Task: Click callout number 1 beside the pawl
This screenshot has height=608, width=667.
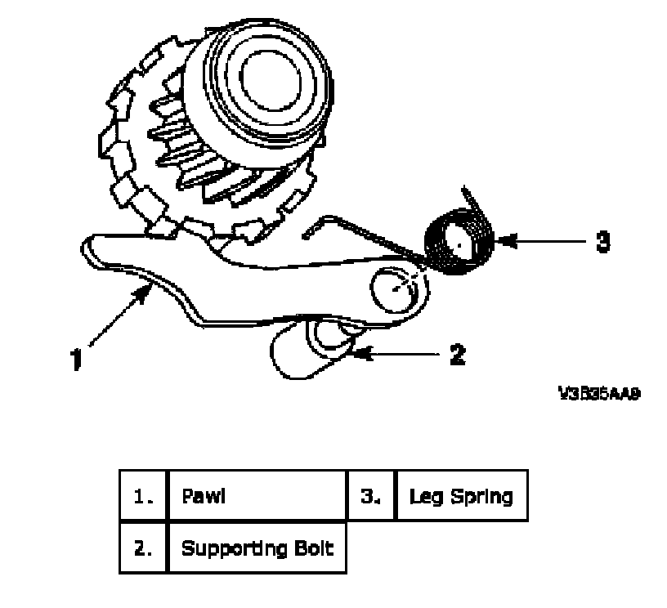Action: tap(75, 360)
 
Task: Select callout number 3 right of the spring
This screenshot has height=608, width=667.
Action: tap(602, 243)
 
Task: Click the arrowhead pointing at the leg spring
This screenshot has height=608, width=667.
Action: tap(499, 241)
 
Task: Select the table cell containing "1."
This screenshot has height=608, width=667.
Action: tap(143, 495)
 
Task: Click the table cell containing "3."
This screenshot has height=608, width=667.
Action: tap(371, 495)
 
